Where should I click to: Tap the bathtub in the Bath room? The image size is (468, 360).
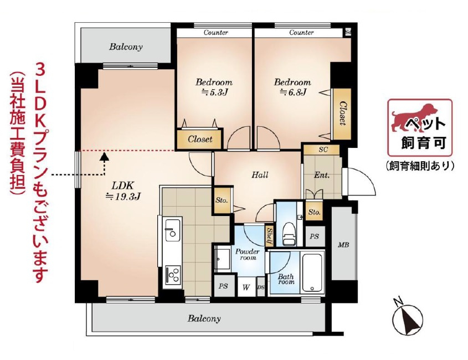point(312,272)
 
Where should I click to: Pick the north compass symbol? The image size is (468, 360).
point(408,318)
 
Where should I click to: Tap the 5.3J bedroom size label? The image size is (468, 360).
point(214,92)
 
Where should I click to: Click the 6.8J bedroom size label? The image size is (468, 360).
point(293,92)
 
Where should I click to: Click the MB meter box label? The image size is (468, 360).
point(343,245)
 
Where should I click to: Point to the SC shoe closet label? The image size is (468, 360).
point(323,150)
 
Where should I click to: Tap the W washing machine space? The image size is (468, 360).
point(246,287)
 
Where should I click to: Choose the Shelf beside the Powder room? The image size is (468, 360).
point(269,236)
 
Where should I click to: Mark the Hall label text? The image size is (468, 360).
point(260,174)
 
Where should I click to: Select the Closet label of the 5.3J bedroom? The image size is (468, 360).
point(200,139)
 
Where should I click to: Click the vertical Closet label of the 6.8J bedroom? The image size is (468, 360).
point(343,114)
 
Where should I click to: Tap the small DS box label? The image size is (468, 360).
point(261,287)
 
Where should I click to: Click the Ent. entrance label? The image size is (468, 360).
point(322,175)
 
